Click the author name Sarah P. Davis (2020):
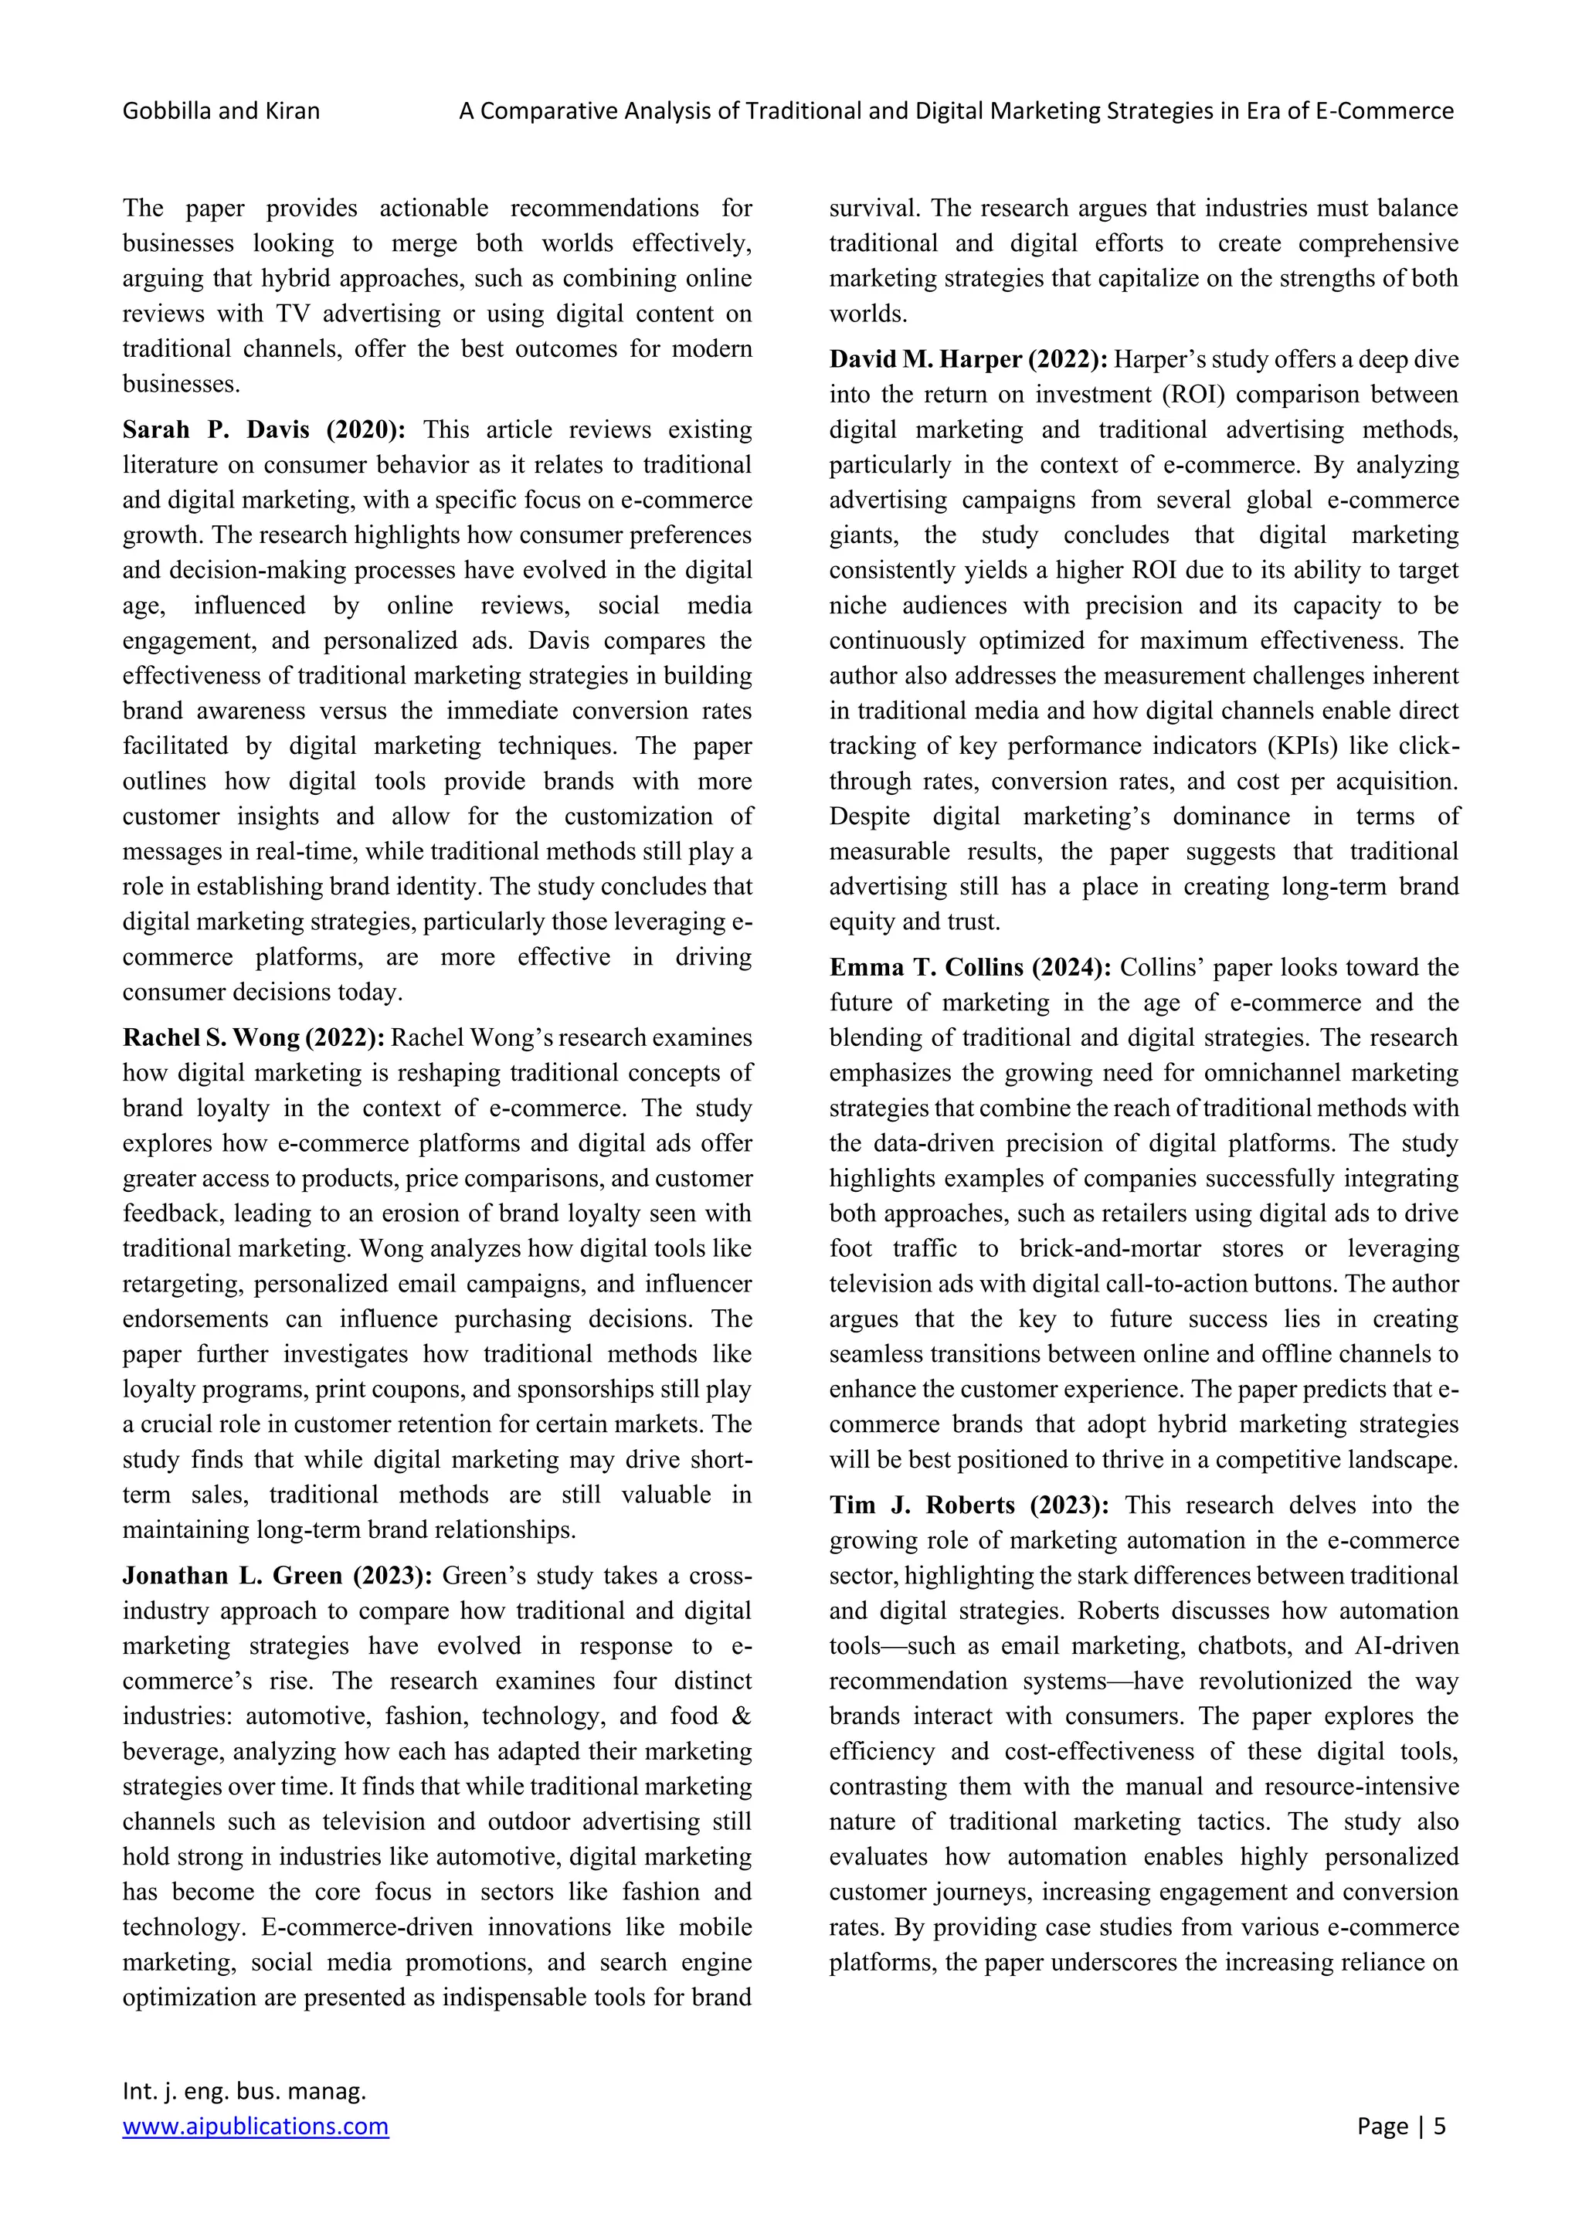coord(263,429)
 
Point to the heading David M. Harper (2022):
coord(967,359)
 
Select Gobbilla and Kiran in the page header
coord(221,111)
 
